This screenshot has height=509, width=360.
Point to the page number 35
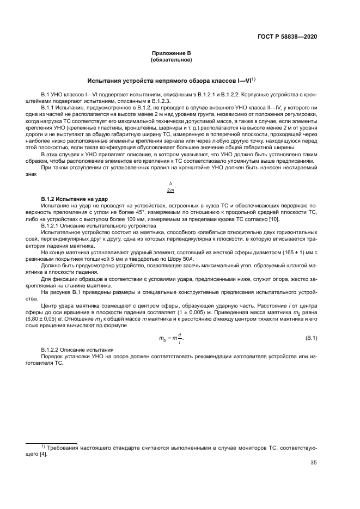[x=313, y=463]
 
